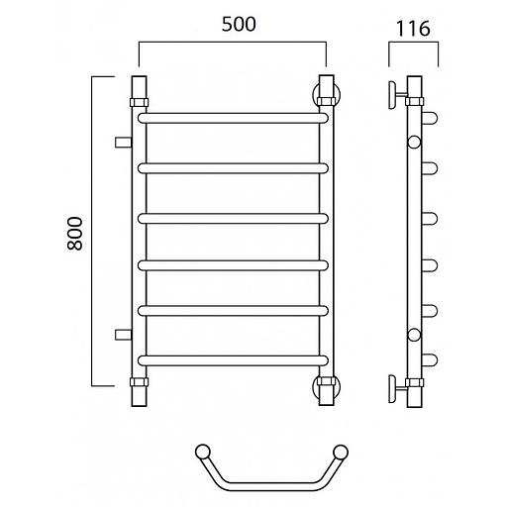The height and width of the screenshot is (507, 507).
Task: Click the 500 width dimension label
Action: pos(239,25)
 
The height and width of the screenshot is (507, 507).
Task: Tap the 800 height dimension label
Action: pos(74,234)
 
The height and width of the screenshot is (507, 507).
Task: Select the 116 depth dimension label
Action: pos(413,29)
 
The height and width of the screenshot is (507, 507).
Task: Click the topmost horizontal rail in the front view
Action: pos(233,118)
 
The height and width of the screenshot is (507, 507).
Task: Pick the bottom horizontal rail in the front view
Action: pos(233,360)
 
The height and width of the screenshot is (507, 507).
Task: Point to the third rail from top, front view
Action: pos(233,219)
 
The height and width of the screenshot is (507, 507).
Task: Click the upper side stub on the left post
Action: pos(123,143)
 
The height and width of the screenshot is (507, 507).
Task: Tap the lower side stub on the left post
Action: pos(123,335)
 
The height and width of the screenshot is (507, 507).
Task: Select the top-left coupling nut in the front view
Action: pos(139,102)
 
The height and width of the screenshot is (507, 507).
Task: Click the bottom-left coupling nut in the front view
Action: pos(139,382)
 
